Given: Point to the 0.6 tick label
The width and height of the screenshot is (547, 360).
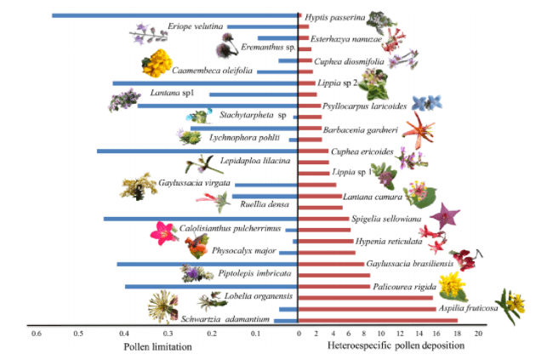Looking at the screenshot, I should click(x=36, y=334).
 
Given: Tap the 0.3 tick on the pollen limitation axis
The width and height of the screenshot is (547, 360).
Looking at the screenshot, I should click(x=168, y=334).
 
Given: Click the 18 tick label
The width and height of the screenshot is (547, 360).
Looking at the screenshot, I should click(x=459, y=334).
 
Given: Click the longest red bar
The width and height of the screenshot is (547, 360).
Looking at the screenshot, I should click(x=378, y=320).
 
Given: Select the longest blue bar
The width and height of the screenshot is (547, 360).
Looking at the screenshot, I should click(x=174, y=15).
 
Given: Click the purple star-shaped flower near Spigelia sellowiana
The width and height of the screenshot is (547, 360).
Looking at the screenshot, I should click(x=445, y=216).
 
